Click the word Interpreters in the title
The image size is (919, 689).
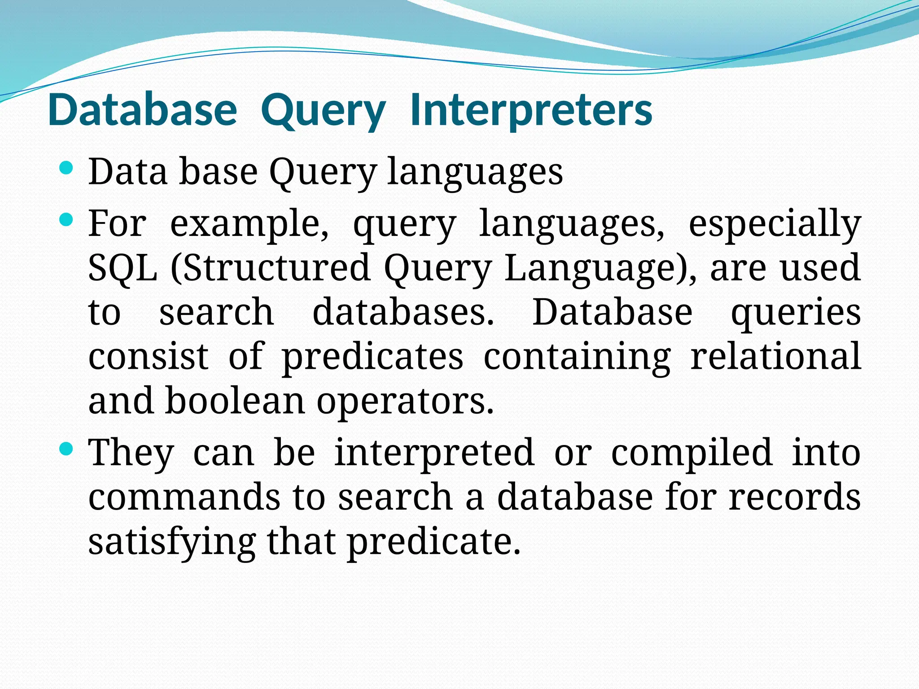pyautogui.click(x=531, y=111)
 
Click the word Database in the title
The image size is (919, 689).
pyautogui.click(x=142, y=111)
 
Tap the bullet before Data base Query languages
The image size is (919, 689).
pyautogui.click(x=66, y=169)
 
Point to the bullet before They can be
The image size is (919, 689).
pyautogui.click(x=66, y=449)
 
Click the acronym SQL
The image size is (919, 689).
pyautogui.click(x=123, y=267)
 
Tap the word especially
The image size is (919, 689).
pyautogui.click(x=775, y=224)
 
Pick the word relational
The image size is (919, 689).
pyautogui.click(x=775, y=356)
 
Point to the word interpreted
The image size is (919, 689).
pyautogui.click(x=434, y=453)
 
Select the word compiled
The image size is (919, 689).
pyautogui.click(x=691, y=453)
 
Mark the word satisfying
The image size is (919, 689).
pyautogui.click(x=172, y=542)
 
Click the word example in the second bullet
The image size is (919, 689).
pyautogui.click(x=249, y=224)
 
